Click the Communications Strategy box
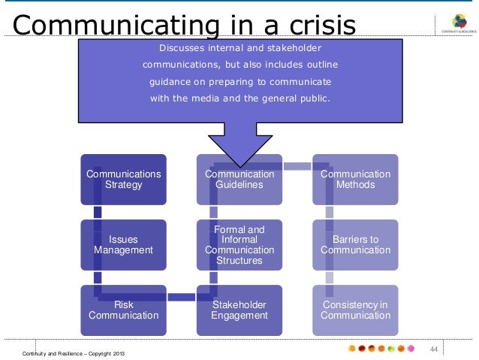(124, 180)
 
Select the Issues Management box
(124, 244)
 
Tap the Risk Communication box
(124, 310)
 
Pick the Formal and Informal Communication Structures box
(239, 244)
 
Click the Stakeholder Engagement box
(239, 310)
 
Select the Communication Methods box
(355, 180)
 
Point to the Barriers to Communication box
(355, 244)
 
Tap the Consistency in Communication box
(355, 310)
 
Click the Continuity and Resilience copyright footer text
(74, 352)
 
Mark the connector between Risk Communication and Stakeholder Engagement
(182, 297)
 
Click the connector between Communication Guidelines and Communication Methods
(297, 165)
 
